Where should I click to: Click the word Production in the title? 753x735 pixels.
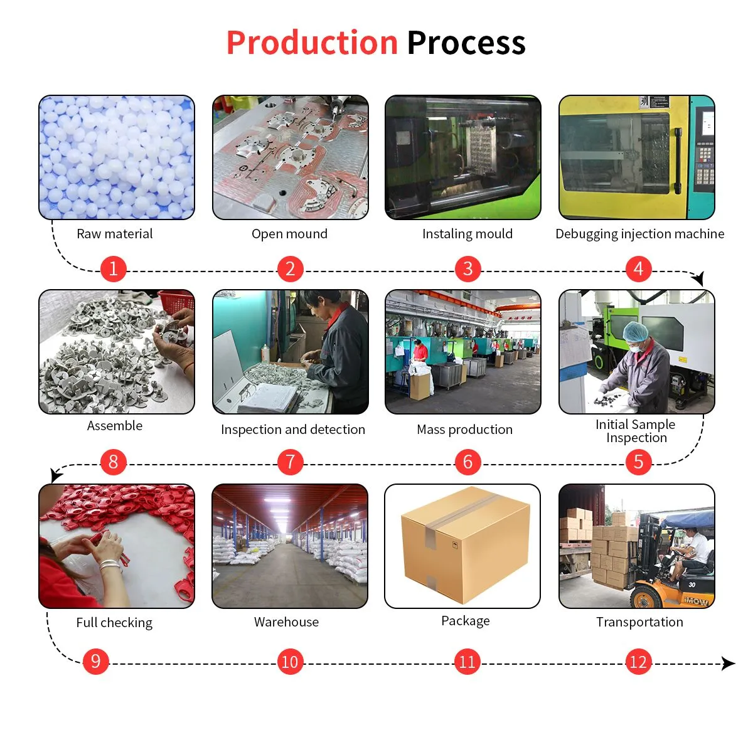[312, 43]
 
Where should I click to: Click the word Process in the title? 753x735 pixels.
[466, 43]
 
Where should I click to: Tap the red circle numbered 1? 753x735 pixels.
[113, 269]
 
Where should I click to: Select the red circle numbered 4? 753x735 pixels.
[638, 269]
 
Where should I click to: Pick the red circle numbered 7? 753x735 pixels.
[290, 462]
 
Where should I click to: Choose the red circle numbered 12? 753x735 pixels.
[638, 662]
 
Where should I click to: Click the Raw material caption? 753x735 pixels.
[114, 234]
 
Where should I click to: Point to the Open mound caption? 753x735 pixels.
[289, 234]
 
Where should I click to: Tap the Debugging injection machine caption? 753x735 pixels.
[639, 234]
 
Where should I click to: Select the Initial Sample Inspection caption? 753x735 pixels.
[636, 431]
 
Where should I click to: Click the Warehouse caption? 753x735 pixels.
[286, 622]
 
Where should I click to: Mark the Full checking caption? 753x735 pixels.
[114, 623]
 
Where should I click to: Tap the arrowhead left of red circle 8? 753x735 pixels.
[56, 475]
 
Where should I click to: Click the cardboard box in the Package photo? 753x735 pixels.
[465, 543]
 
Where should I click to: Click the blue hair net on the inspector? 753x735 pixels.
[636, 330]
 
